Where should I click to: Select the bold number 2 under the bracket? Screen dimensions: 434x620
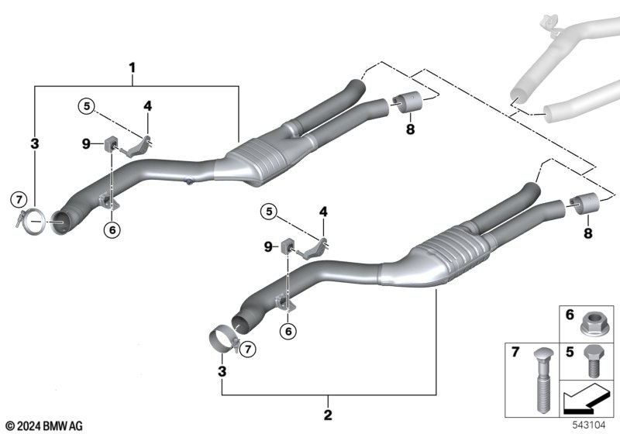tap(328, 415)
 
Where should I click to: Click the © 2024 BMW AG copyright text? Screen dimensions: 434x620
tap(43, 425)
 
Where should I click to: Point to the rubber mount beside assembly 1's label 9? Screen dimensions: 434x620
tap(108, 144)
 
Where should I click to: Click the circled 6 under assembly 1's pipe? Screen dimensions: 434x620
tap(112, 229)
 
